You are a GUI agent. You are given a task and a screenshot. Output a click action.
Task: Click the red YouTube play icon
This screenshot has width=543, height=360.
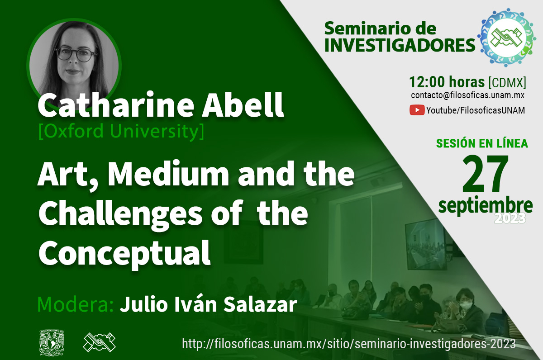pos(417,110)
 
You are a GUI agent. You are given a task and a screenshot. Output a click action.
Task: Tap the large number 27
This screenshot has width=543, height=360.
pos(485,174)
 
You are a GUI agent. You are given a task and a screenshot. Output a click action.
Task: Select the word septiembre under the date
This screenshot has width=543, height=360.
pos(485,206)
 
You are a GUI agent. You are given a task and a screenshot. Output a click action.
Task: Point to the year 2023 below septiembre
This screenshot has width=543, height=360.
pos(510,218)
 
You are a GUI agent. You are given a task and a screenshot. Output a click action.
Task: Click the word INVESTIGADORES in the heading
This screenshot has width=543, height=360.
pos(400,45)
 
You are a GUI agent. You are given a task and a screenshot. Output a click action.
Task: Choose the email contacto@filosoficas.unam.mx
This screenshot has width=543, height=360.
pos(467,95)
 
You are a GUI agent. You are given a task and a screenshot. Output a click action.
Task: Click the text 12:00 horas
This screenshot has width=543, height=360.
pos(447,82)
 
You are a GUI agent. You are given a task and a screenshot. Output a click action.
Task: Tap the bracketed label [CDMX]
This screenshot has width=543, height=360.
pos(507,82)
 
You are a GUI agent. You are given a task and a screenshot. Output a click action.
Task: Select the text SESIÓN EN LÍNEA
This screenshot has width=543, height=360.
pos(482,143)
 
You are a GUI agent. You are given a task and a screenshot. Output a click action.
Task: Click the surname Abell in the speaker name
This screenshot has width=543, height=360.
pos(243,105)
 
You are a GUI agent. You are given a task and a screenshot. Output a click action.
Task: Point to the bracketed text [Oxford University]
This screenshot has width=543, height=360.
pos(121,131)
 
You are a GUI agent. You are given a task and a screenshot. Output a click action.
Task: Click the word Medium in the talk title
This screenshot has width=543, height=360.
pos(168,174)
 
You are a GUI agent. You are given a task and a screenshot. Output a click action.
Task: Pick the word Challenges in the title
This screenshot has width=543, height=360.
pos(120,214)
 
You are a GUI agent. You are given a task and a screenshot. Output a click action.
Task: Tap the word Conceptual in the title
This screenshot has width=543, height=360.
pos(124,253)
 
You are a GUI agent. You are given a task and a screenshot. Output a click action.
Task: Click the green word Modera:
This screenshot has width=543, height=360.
pos(76,304)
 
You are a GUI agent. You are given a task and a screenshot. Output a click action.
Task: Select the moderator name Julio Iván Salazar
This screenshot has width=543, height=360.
pos(209,304)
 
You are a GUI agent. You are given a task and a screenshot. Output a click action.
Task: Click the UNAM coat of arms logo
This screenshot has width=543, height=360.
pos(52,342)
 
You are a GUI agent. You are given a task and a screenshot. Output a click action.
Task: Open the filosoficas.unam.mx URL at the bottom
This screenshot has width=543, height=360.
pos(349,344)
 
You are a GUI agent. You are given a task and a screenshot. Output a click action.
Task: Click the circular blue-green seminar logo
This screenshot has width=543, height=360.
pos(506,38)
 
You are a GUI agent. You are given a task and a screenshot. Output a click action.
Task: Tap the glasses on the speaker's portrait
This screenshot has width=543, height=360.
pos(76,55)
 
